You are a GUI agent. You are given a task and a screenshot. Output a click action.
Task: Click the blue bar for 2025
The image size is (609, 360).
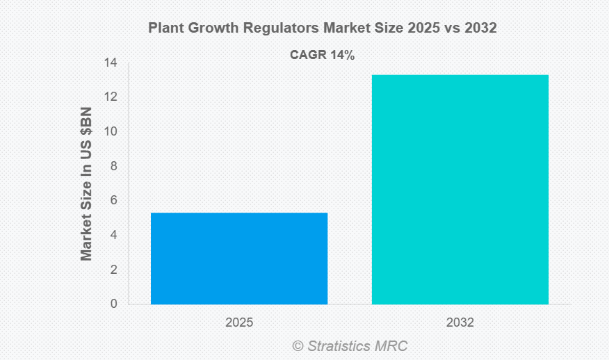(x=239, y=258)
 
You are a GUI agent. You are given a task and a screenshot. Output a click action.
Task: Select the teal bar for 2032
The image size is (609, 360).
(x=460, y=189)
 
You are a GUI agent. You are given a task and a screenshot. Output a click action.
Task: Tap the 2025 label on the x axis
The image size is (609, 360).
(x=239, y=323)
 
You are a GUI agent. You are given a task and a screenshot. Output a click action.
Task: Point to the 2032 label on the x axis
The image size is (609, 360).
(x=460, y=323)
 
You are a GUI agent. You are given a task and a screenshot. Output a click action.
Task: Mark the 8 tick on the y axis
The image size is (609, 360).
(x=113, y=167)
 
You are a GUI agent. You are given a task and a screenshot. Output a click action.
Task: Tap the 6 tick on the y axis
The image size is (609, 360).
(x=113, y=201)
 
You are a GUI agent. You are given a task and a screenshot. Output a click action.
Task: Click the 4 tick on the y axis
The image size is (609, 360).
(x=113, y=236)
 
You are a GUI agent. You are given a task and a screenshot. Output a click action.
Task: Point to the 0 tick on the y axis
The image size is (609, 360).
(x=113, y=304)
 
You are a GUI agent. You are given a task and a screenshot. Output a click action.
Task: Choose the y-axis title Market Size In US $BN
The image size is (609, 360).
(x=86, y=183)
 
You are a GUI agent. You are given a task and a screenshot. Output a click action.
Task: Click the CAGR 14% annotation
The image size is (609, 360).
(x=322, y=56)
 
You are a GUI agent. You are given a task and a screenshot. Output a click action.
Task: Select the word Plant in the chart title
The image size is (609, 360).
(x=165, y=28)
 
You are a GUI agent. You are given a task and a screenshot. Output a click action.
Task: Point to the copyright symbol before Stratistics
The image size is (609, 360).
(x=298, y=345)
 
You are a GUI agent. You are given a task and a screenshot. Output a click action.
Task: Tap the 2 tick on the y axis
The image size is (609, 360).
(x=113, y=270)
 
